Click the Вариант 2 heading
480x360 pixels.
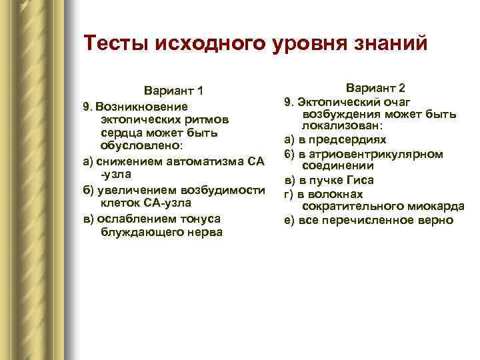(x=375, y=88)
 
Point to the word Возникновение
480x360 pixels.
(x=141, y=107)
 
